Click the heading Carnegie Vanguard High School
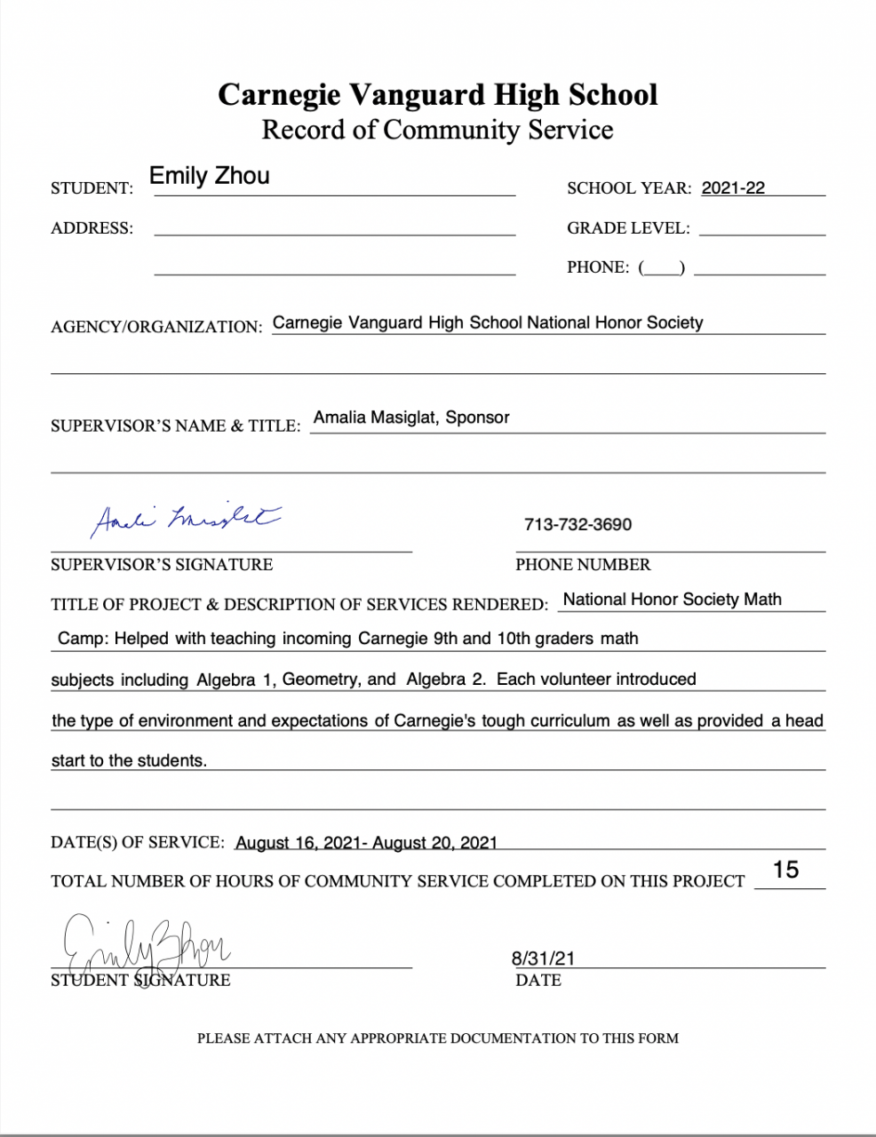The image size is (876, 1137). [x=437, y=94]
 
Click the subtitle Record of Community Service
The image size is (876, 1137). [x=437, y=130]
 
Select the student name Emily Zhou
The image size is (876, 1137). [x=210, y=176]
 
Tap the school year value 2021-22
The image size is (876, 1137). [x=733, y=188]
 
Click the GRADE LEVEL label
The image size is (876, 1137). [x=628, y=228]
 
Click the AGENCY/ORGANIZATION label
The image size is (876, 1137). [x=156, y=327]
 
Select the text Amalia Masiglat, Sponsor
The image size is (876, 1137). [x=411, y=417]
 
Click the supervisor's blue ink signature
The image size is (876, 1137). [x=186, y=519]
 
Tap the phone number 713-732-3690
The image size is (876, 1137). [x=577, y=525]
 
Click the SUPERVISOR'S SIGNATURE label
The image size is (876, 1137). [x=162, y=565]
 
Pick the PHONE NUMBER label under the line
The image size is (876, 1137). [x=583, y=565]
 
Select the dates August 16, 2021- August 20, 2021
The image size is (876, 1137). [x=366, y=843]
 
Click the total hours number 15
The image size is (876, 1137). [x=786, y=870]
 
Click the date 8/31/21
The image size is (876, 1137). [x=543, y=958]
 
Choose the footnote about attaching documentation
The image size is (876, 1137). [x=437, y=1038]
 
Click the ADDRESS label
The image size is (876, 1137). [x=92, y=228]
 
